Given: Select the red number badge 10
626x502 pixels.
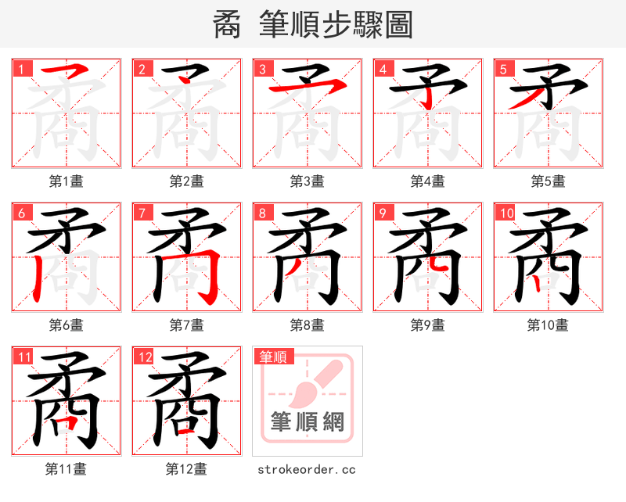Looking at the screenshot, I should tap(505, 213).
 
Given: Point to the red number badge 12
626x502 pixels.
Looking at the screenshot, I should tap(144, 357).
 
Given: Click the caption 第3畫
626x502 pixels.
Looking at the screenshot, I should tap(307, 181).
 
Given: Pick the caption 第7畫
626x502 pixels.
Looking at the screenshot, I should tap(186, 325).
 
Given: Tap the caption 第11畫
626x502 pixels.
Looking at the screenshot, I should tap(66, 469).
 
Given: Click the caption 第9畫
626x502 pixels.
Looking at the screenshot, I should tap(427, 325).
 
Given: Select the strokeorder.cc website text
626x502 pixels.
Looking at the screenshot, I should tap(307, 469).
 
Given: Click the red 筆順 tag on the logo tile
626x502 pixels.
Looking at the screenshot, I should tap(273, 357).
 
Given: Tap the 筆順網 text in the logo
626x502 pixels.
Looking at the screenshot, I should tap(307, 422).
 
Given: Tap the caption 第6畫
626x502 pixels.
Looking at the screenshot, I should tap(66, 325).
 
